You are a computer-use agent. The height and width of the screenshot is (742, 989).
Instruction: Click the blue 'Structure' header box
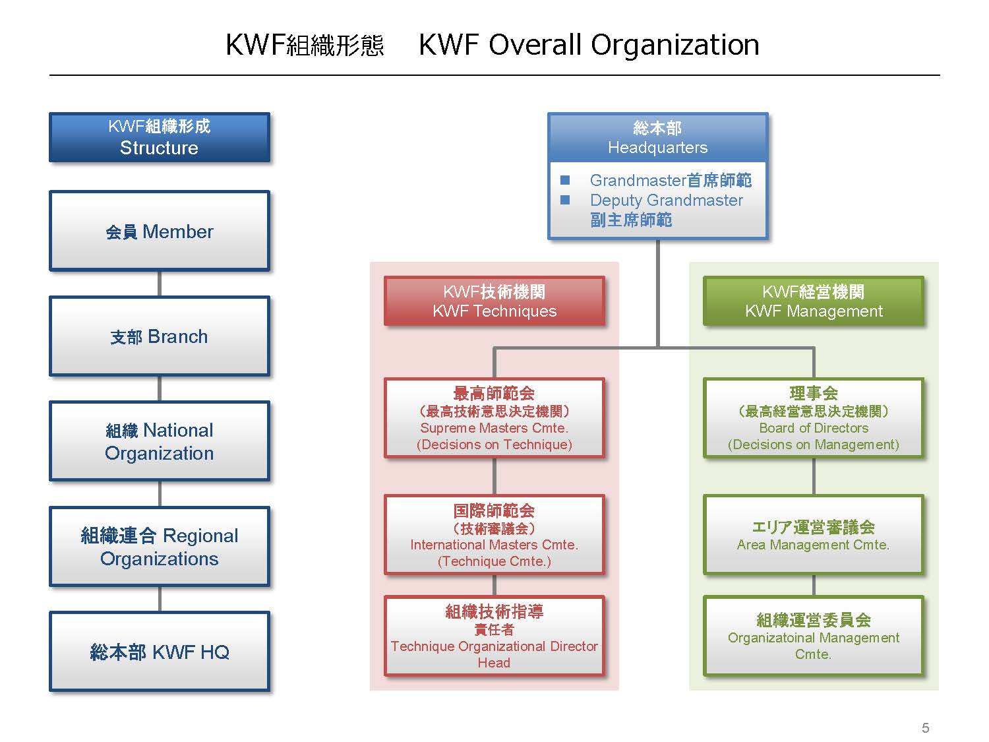point(160,137)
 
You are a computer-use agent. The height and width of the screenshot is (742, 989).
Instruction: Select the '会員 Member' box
point(160,232)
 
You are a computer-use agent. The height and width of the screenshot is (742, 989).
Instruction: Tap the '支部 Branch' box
point(160,336)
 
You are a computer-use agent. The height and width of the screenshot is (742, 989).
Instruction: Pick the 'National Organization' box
point(160,441)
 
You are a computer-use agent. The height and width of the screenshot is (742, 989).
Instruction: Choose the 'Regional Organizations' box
point(160,547)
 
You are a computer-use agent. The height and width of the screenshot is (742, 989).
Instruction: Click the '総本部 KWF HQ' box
point(160,652)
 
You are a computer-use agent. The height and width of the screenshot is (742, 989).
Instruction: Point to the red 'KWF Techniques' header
point(494,301)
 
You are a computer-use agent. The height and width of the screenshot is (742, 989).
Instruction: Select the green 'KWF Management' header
point(814,301)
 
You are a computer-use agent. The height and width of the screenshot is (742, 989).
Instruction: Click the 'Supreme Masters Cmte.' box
point(494,418)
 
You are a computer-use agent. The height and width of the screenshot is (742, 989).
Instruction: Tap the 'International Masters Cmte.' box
point(494,535)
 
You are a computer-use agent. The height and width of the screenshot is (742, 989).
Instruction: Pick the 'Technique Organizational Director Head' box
point(494,636)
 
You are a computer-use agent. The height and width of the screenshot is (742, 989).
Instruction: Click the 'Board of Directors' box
point(814,418)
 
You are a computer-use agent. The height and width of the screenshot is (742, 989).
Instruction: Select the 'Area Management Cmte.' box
point(814,535)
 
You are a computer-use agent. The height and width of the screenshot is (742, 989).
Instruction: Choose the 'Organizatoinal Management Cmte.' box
point(814,636)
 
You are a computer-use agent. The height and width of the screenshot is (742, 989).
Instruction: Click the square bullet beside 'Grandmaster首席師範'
point(565,180)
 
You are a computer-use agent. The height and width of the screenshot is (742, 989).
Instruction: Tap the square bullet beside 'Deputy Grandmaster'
point(565,200)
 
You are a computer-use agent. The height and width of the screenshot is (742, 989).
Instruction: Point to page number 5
point(925,727)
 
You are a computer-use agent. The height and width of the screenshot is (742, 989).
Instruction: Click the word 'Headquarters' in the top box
point(657,148)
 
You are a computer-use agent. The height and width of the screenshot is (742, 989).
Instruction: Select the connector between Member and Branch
point(160,284)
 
